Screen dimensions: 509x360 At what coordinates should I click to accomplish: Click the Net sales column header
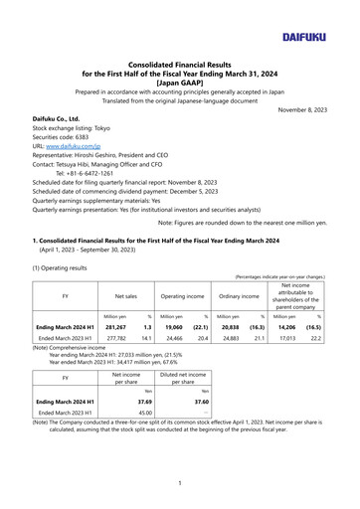pos(123,295)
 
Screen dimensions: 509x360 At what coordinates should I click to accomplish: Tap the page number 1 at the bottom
pos(180,482)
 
